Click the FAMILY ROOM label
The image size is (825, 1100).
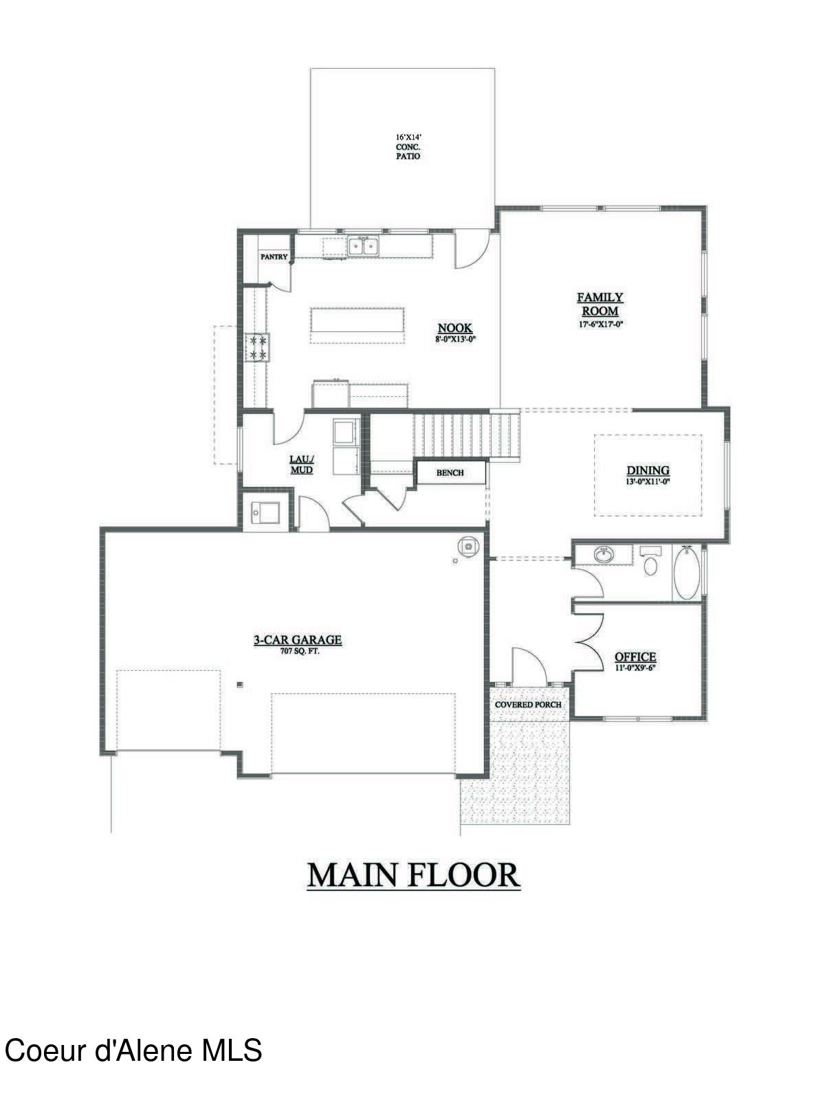click(x=599, y=304)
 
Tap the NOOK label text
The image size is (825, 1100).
click(x=455, y=329)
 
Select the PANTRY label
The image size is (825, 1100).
click(x=274, y=257)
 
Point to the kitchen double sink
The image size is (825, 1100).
click(x=363, y=245)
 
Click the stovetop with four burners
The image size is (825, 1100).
click(x=258, y=347)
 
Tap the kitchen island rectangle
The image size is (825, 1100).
click(x=357, y=326)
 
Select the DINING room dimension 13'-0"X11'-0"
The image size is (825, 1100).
click(x=648, y=482)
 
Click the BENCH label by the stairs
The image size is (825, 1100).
click(x=450, y=473)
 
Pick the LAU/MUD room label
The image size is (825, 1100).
click(x=302, y=465)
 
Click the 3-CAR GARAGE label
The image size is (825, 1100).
click(x=298, y=640)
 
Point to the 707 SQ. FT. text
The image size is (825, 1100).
click(x=297, y=650)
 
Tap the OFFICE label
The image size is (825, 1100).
click(x=635, y=657)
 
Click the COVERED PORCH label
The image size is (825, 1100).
click(x=528, y=705)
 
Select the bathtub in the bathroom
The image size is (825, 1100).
click(x=686, y=573)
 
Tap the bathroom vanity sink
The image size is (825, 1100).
click(x=604, y=554)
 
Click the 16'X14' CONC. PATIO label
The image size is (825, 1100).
click(x=407, y=146)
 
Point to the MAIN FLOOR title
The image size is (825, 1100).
click(x=412, y=875)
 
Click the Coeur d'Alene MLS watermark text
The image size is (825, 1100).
click(x=133, y=1051)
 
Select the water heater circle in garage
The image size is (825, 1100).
click(x=468, y=547)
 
